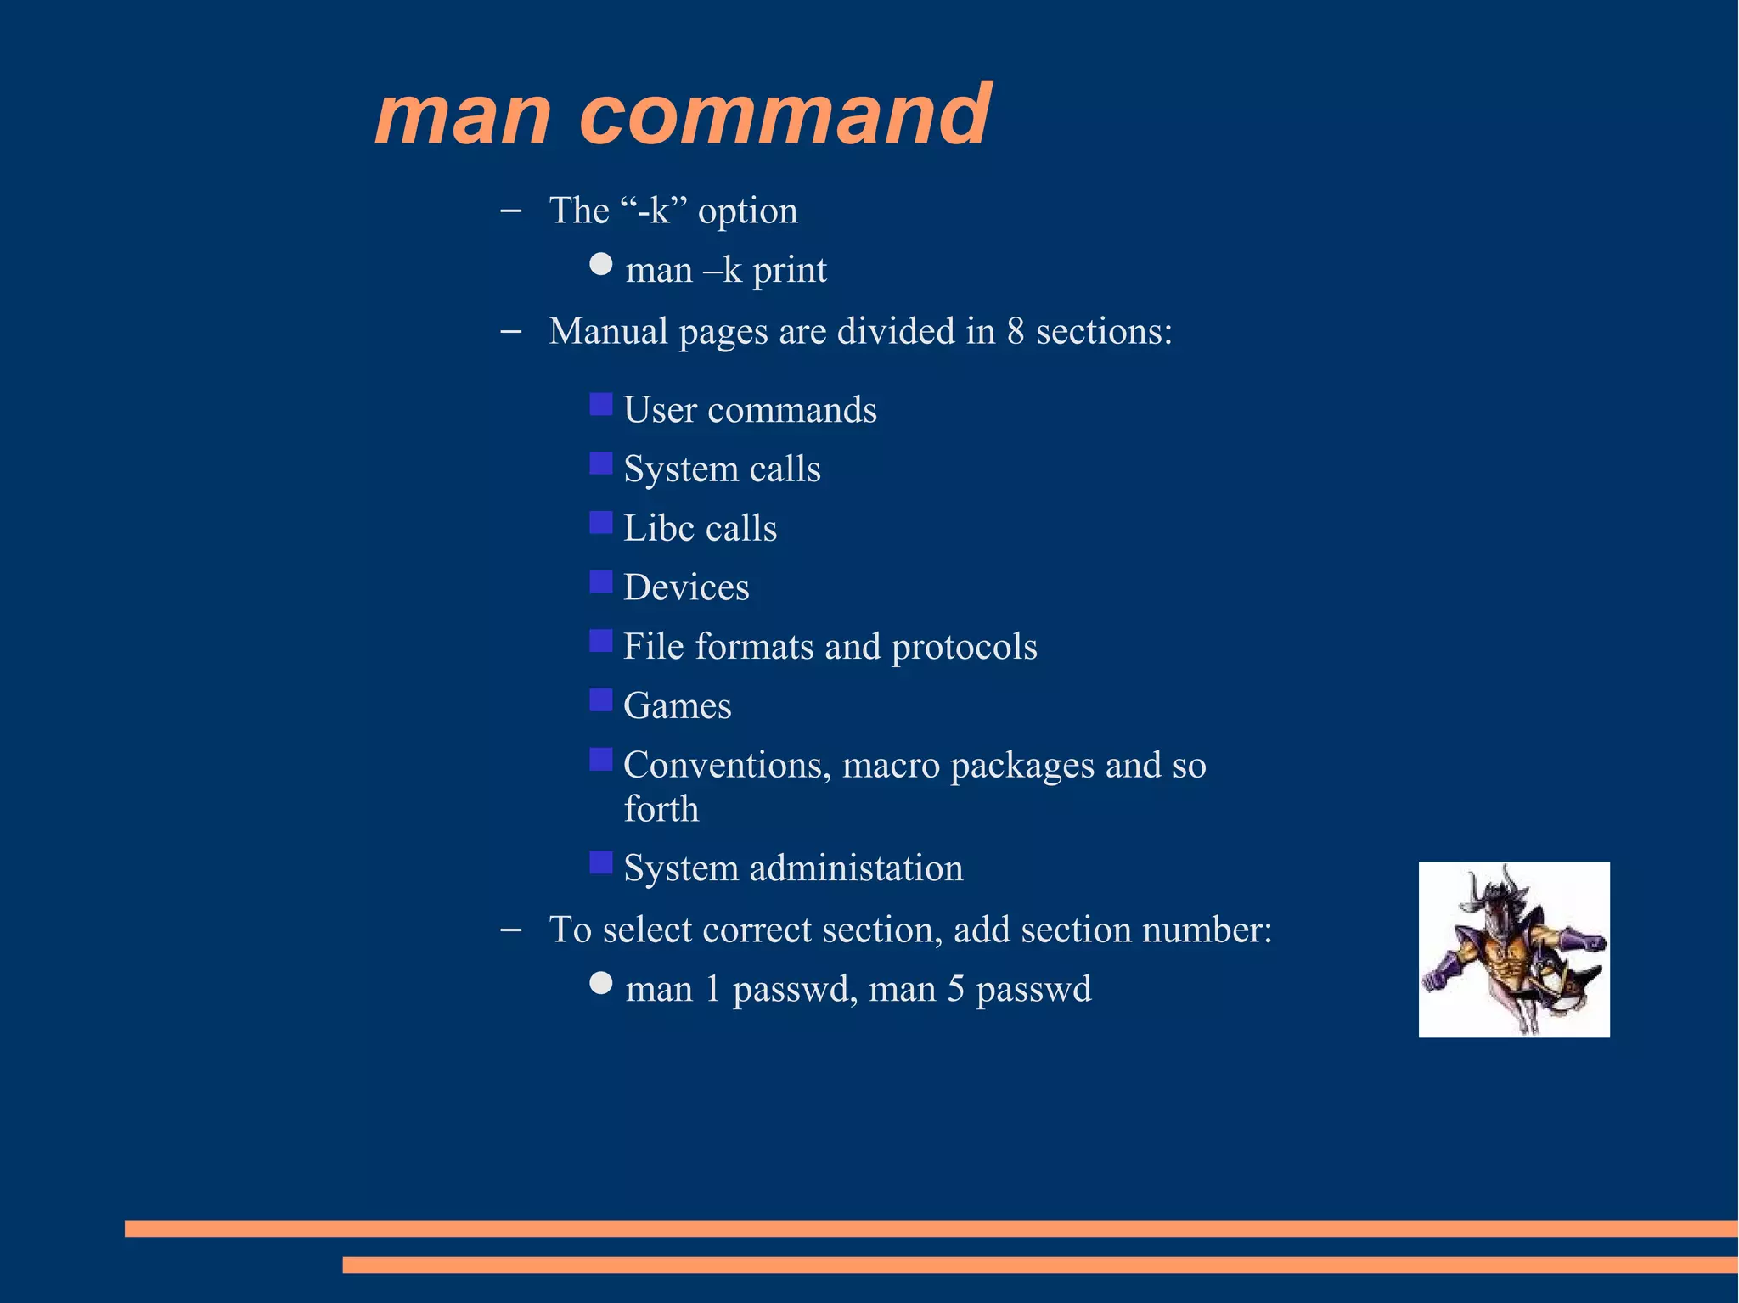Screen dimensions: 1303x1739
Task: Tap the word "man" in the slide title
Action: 463,116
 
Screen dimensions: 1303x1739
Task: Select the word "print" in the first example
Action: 789,271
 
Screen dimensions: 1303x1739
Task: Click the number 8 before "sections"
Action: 1016,332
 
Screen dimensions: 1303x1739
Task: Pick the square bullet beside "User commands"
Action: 601,404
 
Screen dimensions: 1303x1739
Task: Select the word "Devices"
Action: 686,587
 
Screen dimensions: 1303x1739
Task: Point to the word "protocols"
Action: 964,648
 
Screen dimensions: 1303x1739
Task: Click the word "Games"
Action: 677,706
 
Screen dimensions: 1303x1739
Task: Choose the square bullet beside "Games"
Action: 601,699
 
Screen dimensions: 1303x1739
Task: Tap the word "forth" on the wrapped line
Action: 661,809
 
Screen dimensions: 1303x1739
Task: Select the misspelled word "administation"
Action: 856,868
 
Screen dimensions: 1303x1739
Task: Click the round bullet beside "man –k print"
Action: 601,264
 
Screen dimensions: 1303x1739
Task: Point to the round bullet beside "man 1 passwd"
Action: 601,983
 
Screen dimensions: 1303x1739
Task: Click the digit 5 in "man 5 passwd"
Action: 956,990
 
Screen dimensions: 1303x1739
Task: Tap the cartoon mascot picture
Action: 1513,949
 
